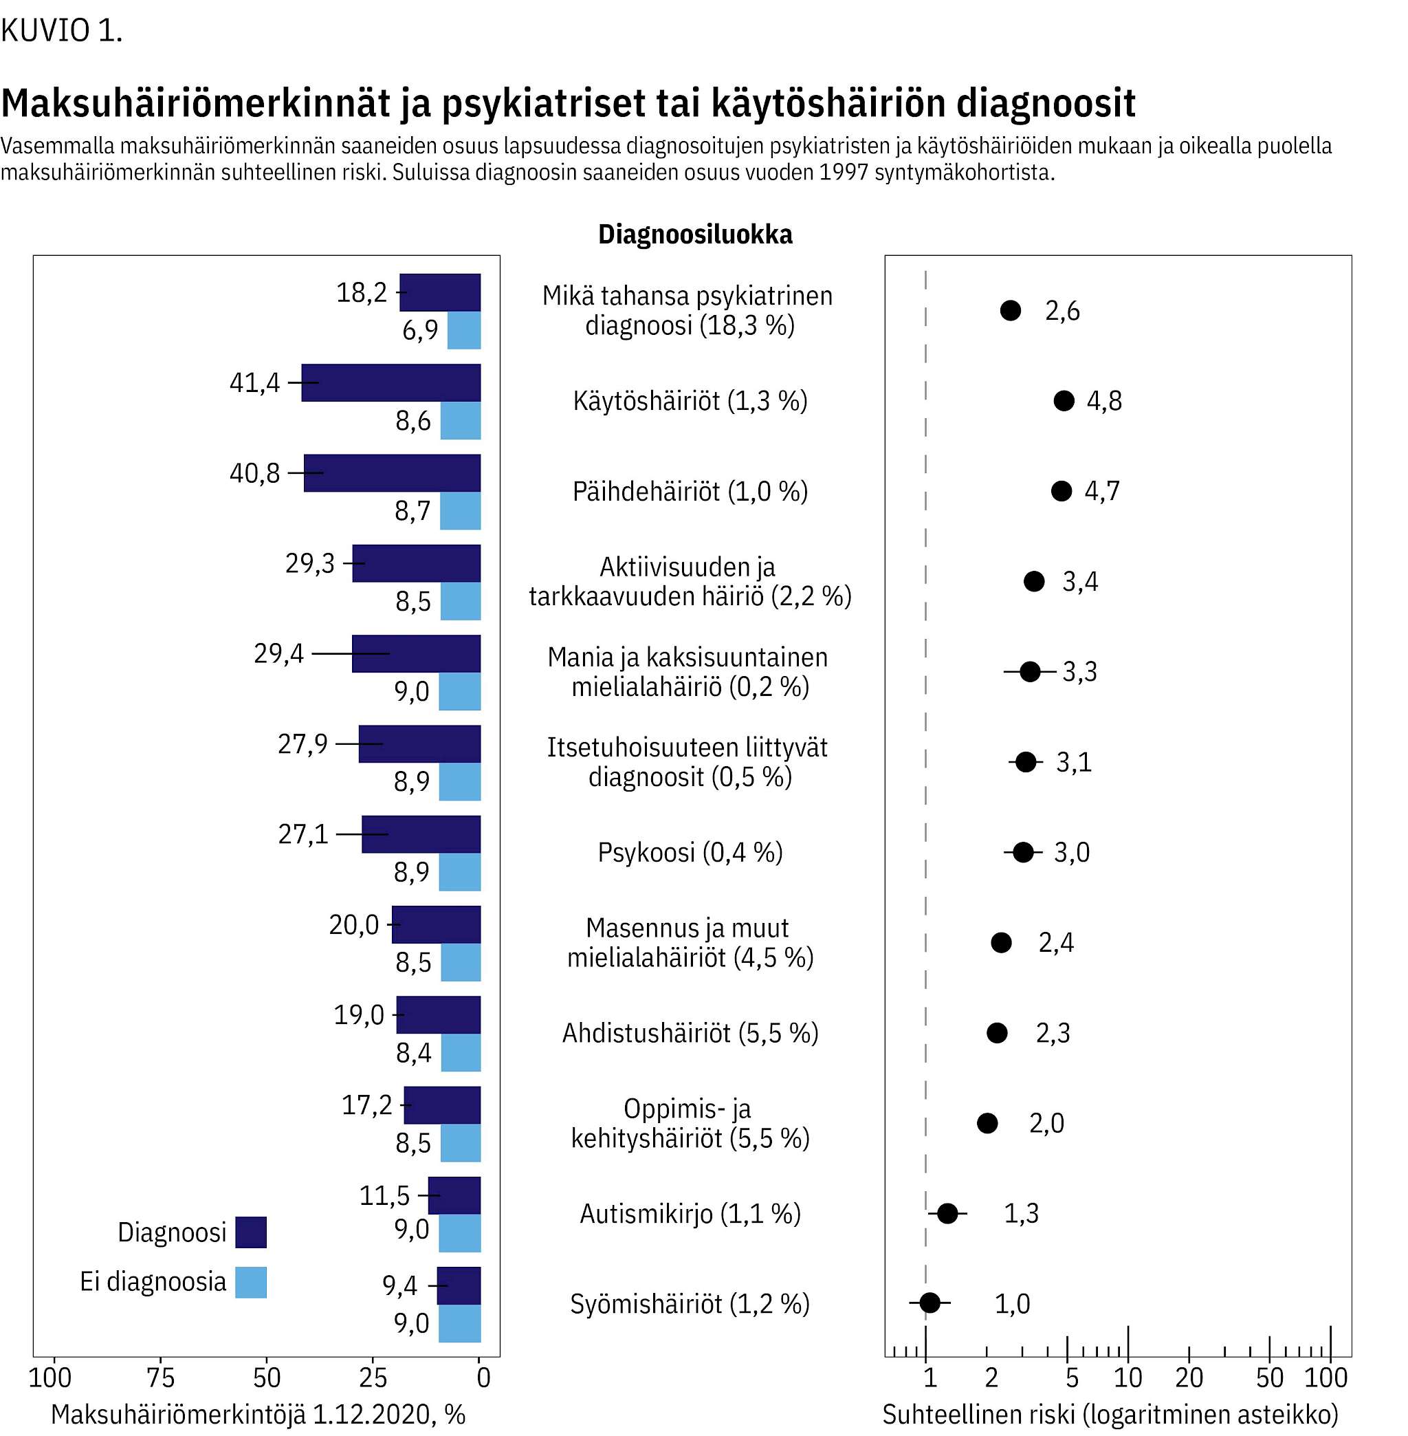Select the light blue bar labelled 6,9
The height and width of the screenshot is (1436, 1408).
tap(463, 330)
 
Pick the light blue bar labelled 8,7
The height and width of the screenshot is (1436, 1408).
tap(460, 510)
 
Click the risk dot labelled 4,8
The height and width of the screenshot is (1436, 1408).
tap(1064, 401)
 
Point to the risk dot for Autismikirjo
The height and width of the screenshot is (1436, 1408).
tap(947, 1213)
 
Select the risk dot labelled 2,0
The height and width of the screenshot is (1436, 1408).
tap(987, 1123)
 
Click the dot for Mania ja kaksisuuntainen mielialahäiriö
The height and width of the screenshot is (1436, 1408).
tap(1029, 672)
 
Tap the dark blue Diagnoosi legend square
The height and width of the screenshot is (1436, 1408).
tap(251, 1232)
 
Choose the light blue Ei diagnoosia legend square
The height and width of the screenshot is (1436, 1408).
tap(251, 1282)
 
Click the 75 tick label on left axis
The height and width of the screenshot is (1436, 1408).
tap(160, 1378)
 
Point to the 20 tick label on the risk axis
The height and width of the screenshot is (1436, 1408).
tap(1189, 1378)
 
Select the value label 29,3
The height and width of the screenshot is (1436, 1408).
tap(310, 564)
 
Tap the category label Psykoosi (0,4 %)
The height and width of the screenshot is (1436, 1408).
tap(690, 852)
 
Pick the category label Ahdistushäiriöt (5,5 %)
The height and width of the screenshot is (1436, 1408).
tap(690, 1033)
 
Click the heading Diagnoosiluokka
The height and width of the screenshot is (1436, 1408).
tap(695, 234)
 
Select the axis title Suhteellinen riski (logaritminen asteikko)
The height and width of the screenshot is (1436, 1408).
tap(1110, 1415)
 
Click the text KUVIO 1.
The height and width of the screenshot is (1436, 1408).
tap(61, 30)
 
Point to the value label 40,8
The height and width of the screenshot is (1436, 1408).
tap(254, 472)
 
